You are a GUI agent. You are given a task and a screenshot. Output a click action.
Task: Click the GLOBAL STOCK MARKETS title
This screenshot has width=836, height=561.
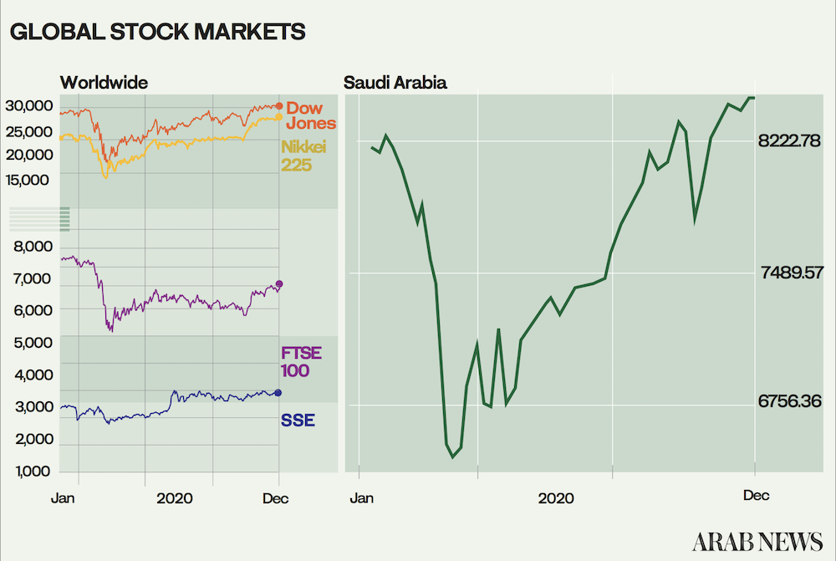(x=157, y=32)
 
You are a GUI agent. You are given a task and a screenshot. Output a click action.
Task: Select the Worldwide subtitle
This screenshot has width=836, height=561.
(x=104, y=83)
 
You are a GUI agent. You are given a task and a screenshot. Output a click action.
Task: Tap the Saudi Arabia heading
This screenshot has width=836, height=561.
(x=395, y=83)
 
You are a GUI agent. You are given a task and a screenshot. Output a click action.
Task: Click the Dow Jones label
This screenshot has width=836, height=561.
(x=311, y=115)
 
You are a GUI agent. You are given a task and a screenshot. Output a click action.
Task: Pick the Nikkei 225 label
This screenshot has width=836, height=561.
(x=303, y=156)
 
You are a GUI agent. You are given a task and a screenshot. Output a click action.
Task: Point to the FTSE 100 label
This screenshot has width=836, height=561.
(x=301, y=361)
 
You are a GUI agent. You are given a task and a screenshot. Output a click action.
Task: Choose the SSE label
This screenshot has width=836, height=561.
(x=298, y=421)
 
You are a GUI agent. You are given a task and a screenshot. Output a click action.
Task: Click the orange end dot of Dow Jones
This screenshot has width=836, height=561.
(x=279, y=106)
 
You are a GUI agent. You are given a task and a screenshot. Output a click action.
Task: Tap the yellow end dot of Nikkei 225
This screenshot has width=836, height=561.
(x=279, y=117)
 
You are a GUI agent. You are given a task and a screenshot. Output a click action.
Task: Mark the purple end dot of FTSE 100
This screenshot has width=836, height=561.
(x=279, y=283)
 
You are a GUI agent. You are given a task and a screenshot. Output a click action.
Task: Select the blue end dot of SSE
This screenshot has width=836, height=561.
(x=278, y=393)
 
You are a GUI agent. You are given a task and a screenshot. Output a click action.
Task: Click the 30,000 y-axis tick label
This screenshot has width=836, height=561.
(x=29, y=105)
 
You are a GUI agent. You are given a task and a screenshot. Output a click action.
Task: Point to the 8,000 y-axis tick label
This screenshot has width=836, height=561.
(x=33, y=247)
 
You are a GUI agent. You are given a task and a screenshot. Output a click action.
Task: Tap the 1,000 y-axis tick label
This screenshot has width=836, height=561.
(x=33, y=472)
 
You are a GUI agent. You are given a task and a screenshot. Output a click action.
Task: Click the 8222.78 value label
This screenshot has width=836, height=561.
(x=789, y=140)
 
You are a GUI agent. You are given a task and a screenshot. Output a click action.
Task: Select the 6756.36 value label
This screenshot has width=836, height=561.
(x=790, y=401)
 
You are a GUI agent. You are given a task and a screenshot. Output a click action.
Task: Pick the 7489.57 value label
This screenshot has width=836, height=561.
(x=793, y=273)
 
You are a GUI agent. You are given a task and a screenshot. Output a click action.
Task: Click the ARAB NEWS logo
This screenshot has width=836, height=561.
(x=757, y=542)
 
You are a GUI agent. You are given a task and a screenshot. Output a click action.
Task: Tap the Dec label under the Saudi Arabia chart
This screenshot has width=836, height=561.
(x=756, y=496)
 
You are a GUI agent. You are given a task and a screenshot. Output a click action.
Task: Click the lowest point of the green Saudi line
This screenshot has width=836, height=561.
(x=452, y=457)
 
